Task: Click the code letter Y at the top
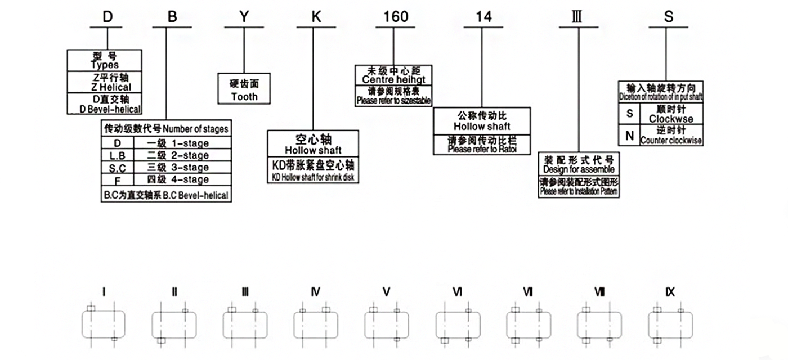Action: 243,17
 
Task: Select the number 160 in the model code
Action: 395,17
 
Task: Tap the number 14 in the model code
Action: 483,17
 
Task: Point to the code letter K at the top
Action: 316,17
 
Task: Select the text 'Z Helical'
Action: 110,87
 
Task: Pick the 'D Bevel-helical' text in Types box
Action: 110,109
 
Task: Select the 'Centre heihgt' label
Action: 393,80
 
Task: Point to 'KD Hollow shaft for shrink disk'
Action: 312,178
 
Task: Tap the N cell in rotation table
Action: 629,136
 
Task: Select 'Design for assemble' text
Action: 579,169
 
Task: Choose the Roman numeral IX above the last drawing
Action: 670,292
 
